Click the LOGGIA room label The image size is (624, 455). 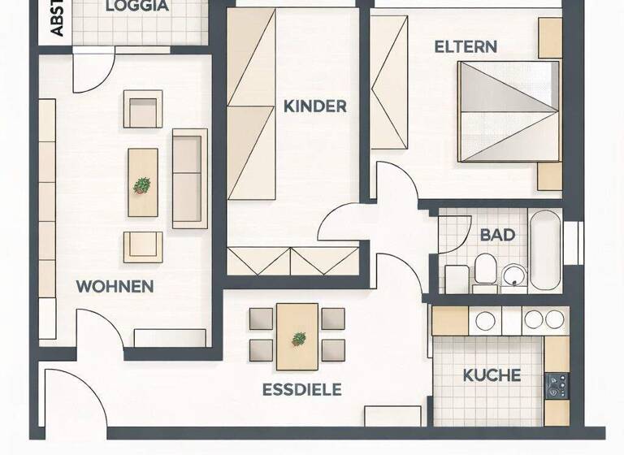[137, 6]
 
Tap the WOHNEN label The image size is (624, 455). [115, 286]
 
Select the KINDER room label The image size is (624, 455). [314, 106]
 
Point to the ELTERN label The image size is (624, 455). [466, 46]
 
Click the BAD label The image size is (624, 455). [497, 235]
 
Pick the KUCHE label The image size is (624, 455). [492, 375]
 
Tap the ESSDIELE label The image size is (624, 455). [301, 390]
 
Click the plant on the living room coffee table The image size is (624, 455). [142, 185]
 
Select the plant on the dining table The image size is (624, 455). [299, 338]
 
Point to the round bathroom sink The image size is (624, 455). [513, 275]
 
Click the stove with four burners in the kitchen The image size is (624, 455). [557, 385]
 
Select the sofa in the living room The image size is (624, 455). [188, 178]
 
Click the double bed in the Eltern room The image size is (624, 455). [508, 111]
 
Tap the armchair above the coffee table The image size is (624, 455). [143, 109]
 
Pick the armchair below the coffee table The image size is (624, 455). [143, 247]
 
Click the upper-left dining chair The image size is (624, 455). [261, 318]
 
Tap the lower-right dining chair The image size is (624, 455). [333, 350]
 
